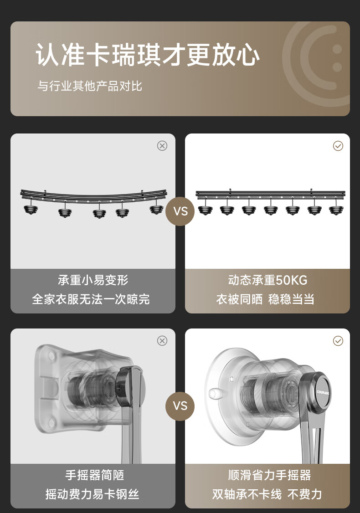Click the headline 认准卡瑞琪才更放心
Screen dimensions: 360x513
click(148, 54)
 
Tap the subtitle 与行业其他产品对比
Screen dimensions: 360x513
click(90, 86)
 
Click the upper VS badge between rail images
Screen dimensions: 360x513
click(180, 211)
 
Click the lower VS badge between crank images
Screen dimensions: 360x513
click(180, 406)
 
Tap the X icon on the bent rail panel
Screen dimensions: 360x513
click(162, 146)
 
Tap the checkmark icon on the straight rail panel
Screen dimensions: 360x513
click(338, 146)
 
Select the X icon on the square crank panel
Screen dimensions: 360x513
click(162, 341)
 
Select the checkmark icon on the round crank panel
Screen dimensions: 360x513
click(338, 341)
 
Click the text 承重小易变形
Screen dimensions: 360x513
click(93, 280)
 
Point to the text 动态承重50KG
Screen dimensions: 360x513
click(267, 280)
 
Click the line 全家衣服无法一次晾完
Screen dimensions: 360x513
click(91, 299)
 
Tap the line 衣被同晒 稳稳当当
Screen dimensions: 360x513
click(265, 299)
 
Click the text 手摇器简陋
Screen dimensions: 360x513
click(95, 475)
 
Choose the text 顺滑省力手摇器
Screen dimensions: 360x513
click(269, 475)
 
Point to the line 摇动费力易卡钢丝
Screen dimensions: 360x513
click(93, 494)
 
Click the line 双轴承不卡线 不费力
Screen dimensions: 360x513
click(267, 494)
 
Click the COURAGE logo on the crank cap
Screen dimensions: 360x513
click(323, 392)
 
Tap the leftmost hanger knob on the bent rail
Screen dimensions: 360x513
click(31, 209)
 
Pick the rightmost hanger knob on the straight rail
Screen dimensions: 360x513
click(336, 210)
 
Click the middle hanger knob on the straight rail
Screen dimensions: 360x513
click(271, 210)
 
